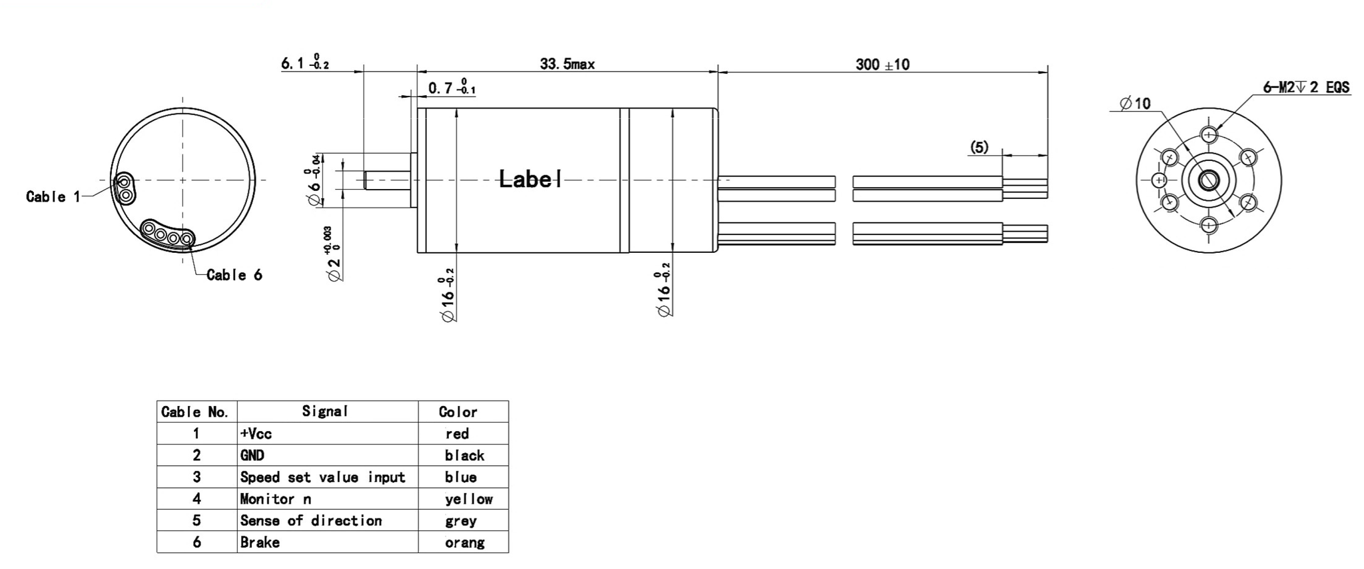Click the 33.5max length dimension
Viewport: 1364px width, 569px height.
(567, 65)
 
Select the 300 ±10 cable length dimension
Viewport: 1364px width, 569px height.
(882, 65)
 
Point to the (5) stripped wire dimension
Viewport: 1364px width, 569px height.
(978, 147)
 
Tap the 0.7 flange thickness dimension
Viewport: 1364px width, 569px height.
(451, 88)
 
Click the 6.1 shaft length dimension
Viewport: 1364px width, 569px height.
(304, 63)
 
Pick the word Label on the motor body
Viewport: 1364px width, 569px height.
(530, 178)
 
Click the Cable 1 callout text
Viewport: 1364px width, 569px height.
(53, 196)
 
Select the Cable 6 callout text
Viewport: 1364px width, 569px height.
(234, 275)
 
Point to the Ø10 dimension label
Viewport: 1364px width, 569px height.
(1135, 103)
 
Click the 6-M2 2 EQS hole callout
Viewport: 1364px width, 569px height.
(1305, 88)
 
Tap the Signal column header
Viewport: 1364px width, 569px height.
(325, 411)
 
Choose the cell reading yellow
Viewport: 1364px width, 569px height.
(468, 499)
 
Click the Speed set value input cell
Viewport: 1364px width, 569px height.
(322, 477)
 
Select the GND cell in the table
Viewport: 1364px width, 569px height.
(252, 455)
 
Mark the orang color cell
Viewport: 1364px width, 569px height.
(464, 542)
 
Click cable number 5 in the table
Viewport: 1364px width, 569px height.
(196, 520)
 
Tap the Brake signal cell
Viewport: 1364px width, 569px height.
(260, 542)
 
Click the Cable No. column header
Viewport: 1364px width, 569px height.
(195, 412)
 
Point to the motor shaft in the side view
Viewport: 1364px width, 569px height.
(386, 180)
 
